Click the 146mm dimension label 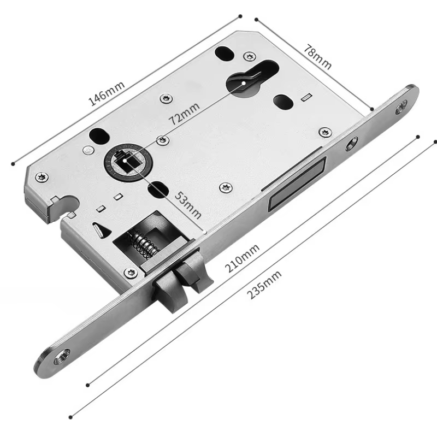pyautogui.click(x=106, y=93)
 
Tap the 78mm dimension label pyautogui.click(x=318, y=57)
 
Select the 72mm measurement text pyautogui.click(x=184, y=114)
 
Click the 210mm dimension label pyautogui.click(x=242, y=258)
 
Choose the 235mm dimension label pyautogui.click(x=264, y=285)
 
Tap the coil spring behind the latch pyautogui.click(x=141, y=244)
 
